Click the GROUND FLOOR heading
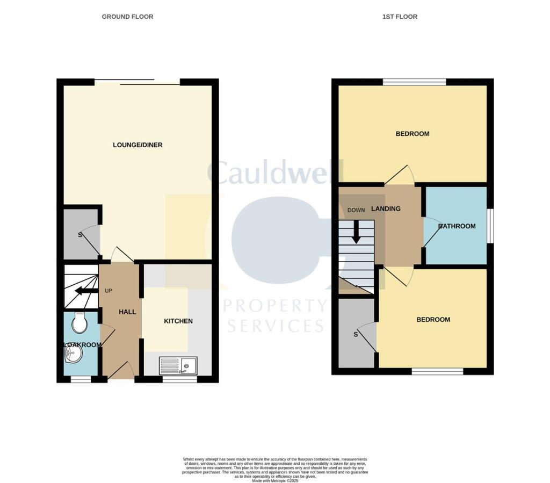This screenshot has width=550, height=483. [x=127, y=17]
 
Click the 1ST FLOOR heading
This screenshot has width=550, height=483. [x=400, y=17]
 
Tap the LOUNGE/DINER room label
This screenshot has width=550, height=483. [x=137, y=145]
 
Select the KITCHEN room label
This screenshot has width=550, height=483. [x=178, y=321]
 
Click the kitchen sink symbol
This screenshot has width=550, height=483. [x=179, y=366]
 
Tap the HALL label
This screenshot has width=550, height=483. [x=127, y=312]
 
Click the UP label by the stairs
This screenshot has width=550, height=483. [x=108, y=291]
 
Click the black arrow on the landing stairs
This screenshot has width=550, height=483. [x=356, y=233]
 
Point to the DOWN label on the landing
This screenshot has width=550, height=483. [x=356, y=210]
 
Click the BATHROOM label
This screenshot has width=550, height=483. [x=457, y=226]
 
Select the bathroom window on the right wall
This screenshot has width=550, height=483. [x=490, y=226]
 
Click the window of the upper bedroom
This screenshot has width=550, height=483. [x=414, y=82]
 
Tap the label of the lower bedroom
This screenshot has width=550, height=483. [x=433, y=320]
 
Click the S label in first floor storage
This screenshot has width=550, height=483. [x=356, y=335]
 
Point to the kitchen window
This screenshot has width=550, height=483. [x=179, y=379]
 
